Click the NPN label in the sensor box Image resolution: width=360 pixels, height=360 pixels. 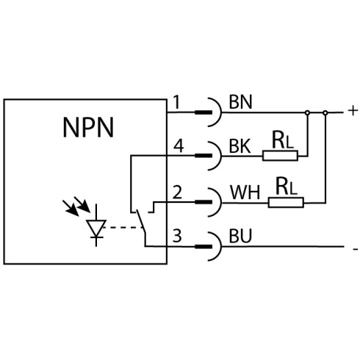click(x=88, y=127)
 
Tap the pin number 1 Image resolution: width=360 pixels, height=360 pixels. click(x=177, y=102)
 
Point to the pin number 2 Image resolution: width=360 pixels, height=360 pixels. click(x=177, y=192)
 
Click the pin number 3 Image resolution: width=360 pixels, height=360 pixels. click(x=177, y=235)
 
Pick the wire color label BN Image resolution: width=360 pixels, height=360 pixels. click(x=240, y=102)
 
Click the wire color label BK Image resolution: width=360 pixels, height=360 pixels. click(x=240, y=146)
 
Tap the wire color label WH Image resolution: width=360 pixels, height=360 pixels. click(x=245, y=192)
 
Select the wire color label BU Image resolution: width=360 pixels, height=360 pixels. click(x=240, y=236)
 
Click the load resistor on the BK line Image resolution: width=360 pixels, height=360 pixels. click(x=280, y=156)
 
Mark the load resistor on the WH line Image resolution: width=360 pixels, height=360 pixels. click(x=286, y=203)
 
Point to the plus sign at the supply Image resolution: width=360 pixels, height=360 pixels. click(x=353, y=111)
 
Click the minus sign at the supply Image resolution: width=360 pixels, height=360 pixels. click(x=356, y=249)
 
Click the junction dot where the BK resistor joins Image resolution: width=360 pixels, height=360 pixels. click(x=307, y=112)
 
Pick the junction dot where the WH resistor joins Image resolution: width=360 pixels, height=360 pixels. click(x=325, y=112)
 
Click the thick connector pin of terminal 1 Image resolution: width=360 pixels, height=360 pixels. click(x=204, y=112)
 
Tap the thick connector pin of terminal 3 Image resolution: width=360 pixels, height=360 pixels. click(x=204, y=247)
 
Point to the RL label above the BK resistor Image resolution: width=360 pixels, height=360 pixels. click(x=283, y=140)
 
